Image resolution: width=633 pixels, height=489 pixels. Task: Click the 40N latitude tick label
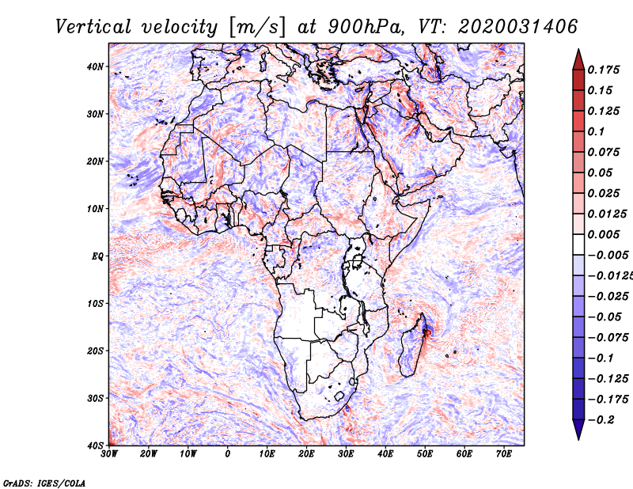point(95,66)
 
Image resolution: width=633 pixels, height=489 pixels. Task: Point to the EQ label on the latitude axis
point(97,256)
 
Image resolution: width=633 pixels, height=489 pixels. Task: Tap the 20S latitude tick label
point(95,351)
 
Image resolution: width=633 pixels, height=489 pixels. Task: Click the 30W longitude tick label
point(109,454)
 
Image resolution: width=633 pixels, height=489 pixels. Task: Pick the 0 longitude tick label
point(228,454)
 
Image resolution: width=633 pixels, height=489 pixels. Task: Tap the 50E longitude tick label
point(425,454)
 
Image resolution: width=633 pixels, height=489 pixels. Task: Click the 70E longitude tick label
point(503,454)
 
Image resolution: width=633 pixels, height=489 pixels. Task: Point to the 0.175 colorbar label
point(603,70)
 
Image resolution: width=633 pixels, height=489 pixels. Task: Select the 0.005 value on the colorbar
point(603,234)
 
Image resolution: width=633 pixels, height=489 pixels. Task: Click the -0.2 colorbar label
point(601,419)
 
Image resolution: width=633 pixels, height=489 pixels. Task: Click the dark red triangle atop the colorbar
point(578,60)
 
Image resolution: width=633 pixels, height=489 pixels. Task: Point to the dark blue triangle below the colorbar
point(578,429)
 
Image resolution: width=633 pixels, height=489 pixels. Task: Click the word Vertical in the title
point(93,27)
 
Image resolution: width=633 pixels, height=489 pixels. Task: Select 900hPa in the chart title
point(366,27)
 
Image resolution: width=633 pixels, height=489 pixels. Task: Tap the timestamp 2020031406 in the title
point(517,27)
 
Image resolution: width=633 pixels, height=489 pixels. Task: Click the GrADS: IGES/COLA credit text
point(44,483)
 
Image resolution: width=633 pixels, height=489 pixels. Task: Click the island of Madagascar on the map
point(411,347)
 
